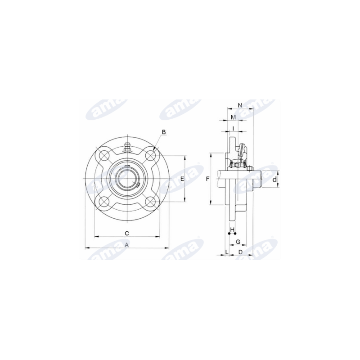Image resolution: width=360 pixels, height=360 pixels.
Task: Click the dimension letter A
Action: click(126, 245)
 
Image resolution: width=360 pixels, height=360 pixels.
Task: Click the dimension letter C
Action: click(127, 234)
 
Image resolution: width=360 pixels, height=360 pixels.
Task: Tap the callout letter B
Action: click(164, 132)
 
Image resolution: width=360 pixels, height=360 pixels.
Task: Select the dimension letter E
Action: click(182, 179)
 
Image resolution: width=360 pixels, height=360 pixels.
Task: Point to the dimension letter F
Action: click(207, 179)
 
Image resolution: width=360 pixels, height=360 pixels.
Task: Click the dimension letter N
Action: click(240, 105)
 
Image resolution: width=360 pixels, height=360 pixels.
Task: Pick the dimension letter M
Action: click(233, 117)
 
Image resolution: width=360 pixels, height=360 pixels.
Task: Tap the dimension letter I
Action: click(233, 129)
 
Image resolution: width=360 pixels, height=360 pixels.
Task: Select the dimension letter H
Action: click(232, 229)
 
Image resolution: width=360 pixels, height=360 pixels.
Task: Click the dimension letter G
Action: click(238, 242)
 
